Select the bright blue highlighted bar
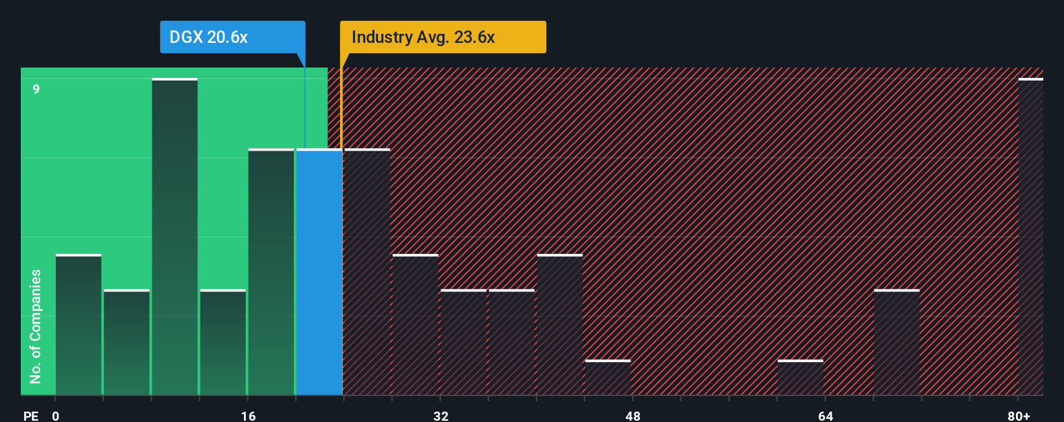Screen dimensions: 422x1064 click(x=319, y=273)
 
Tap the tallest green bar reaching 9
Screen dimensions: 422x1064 click(x=175, y=237)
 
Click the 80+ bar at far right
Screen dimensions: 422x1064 click(x=1030, y=237)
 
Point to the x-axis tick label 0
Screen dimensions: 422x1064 click(x=56, y=416)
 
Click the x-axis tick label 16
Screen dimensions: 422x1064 click(x=248, y=416)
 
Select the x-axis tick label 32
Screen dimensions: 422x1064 click(x=441, y=416)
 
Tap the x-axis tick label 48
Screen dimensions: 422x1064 click(x=633, y=416)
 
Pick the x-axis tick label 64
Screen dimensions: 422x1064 click(x=825, y=416)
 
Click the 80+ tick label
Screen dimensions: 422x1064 click(x=1019, y=416)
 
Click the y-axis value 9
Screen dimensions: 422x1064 click(x=36, y=89)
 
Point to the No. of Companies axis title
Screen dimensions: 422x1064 click(x=36, y=326)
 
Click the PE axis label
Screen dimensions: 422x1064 click(x=30, y=416)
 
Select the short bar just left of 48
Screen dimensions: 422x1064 click(x=608, y=378)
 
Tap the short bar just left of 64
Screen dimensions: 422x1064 click(x=801, y=378)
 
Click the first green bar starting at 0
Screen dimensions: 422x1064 click(x=79, y=325)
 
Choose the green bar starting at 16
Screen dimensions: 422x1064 click(x=271, y=273)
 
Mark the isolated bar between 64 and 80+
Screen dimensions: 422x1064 click(x=897, y=342)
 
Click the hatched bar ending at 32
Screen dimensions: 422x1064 click(x=415, y=325)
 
